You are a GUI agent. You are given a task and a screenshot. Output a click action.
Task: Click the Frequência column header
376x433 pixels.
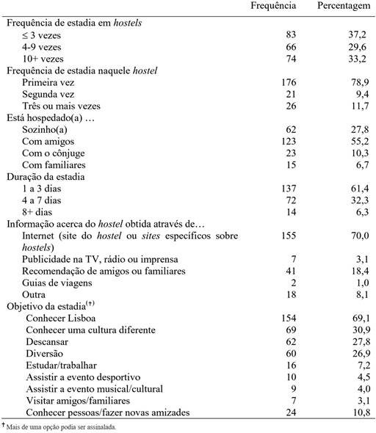pos(273,7)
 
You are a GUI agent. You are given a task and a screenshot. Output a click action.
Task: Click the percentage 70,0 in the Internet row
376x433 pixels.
pos(349,237)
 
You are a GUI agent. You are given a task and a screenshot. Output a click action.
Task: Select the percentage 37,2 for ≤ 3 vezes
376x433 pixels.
pos(349,34)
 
